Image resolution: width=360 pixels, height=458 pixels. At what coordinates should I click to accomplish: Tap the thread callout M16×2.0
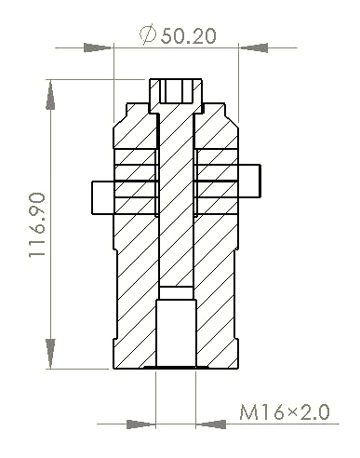pos(285,411)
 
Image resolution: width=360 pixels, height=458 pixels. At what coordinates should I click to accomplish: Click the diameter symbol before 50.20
pos(148,35)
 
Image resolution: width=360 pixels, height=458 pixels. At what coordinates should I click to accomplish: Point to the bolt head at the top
pos(177,91)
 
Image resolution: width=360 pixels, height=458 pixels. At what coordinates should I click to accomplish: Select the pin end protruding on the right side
pos(251,181)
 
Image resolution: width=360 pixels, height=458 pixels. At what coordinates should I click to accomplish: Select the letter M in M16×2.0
pos(249,411)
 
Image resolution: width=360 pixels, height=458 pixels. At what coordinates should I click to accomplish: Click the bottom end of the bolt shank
pos(177,283)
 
